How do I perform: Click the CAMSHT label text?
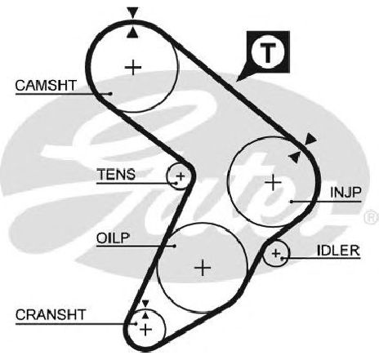[46, 86]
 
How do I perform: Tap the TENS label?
[116, 174]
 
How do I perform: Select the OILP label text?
[113, 238]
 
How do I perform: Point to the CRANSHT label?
[51, 315]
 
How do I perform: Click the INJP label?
[346, 193]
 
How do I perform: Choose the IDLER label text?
[338, 251]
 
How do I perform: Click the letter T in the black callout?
[268, 52]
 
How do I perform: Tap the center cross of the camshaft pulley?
[133, 67]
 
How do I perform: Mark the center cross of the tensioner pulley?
[181, 176]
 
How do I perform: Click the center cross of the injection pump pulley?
[273, 182]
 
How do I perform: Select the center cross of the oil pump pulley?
[203, 268]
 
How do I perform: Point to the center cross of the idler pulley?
[276, 253]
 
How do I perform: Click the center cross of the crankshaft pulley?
[145, 330]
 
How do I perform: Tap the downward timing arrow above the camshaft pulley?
[133, 13]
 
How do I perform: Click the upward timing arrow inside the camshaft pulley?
[133, 33]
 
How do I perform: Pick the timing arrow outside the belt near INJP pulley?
[310, 139]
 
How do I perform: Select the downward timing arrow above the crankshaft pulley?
[145, 304]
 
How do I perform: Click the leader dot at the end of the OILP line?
[175, 246]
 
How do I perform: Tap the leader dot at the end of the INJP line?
[292, 202]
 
